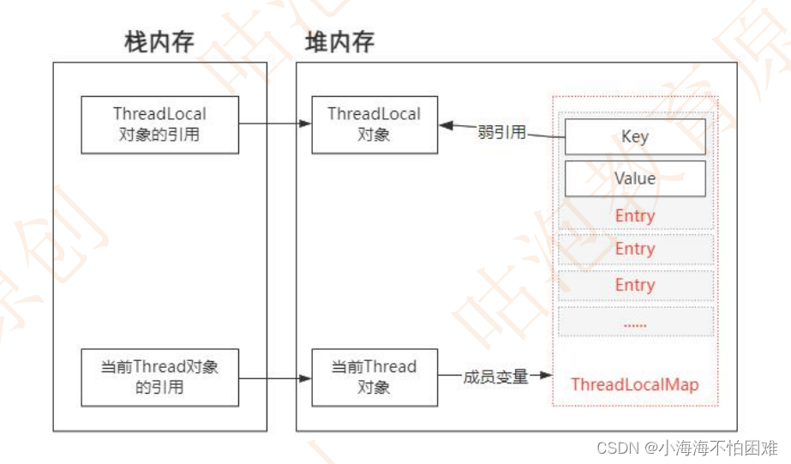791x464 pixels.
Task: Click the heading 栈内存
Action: (159, 43)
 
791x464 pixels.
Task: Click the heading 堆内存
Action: (339, 43)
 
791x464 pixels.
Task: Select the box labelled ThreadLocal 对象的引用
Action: (159, 124)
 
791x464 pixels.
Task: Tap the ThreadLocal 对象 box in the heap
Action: (374, 124)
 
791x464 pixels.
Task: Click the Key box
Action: (634, 136)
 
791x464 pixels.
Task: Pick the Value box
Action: (634, 178)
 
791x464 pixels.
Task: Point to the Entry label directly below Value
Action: (634, 215)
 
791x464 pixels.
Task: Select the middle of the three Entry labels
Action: (634, 249)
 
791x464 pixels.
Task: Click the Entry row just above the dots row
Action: (634, 285)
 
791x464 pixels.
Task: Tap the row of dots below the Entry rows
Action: (634, 322)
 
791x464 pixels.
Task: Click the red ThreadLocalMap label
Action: (634, 384)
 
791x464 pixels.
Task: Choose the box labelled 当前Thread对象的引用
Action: (159, 377)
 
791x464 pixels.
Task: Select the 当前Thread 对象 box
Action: (374, 377)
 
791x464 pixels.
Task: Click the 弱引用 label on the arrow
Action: (501, 132)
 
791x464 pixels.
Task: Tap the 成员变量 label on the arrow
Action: (495, 377)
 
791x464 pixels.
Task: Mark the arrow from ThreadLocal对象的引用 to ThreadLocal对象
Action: (274, 124)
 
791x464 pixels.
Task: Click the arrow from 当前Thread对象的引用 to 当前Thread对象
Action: (274, 377)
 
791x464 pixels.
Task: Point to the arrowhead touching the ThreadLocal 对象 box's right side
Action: (446, 125)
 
